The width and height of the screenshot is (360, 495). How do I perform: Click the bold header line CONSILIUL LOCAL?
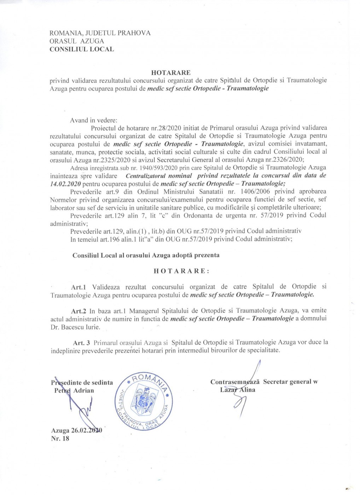[82, 49]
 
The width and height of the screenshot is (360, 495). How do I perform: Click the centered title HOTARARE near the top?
[171, 72]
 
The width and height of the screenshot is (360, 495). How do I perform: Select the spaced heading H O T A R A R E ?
[181, 271]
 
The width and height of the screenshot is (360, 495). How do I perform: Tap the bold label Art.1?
[79, 287]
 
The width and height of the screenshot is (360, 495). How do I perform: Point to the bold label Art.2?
[79, 311]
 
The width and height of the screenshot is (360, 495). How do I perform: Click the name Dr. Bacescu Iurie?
[75, 327]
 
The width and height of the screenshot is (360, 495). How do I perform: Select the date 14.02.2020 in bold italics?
[65, 184]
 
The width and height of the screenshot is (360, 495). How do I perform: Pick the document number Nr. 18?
[60, 438]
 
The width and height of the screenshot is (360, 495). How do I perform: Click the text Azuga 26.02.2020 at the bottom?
[76, 430]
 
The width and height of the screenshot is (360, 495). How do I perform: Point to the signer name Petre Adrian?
[74, 390]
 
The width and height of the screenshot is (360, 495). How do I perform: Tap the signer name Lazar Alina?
[237, 390]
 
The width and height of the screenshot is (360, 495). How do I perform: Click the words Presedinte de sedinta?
[82, 382]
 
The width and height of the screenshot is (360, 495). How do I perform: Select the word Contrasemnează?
[235, 382]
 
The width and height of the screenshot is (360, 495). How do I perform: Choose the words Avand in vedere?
[93, 120]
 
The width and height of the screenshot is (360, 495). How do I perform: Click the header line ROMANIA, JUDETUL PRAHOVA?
[100, 33]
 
